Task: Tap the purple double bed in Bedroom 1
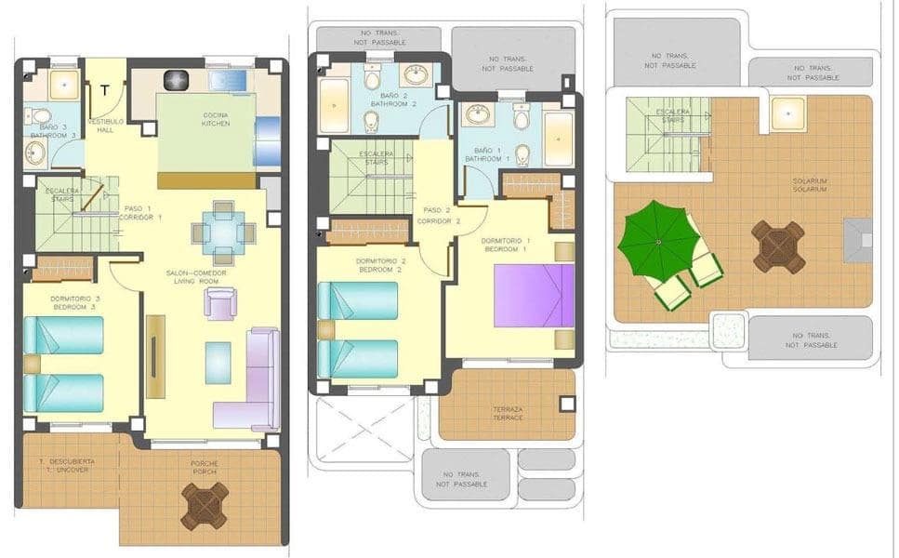pos(534,296)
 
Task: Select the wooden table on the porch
pos(205,505)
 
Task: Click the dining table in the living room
pos(223,232)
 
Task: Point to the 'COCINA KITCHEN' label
pos(216,119)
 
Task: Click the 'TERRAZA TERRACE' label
pos(507,414)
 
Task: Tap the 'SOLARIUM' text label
pos(810,185)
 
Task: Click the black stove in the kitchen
pos(177,81)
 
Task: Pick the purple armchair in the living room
pos(220,303)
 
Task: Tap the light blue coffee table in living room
pos(218,363)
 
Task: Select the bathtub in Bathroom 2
pos(334,105)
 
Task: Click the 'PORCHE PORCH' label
pos(205,468)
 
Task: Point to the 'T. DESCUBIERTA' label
pos(58,461)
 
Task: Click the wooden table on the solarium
pos(778,246)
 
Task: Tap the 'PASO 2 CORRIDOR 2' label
pos(438,216)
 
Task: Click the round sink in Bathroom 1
pos(478,114)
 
